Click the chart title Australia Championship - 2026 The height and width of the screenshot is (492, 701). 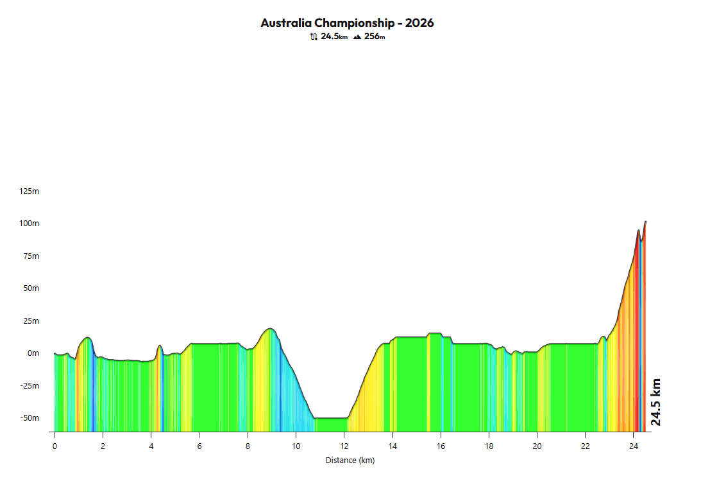click(x=347, y=23)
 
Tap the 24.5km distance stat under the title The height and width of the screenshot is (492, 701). click(x=328, y=37)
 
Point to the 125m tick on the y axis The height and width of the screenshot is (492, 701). click(x=30, y=191)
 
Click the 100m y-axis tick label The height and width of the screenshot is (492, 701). click(x=30, y=224)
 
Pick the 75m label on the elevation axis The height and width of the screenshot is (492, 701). click(x=31, y=256)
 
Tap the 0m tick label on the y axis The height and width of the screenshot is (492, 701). click(x=33, y=353)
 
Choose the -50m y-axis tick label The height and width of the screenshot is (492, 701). click(x=30, y=418)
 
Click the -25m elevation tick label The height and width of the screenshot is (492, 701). click(x=30, y=386)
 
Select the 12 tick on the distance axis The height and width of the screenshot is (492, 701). click(x=344, y=446)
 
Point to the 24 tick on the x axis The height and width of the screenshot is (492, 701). click(x=634, y=446)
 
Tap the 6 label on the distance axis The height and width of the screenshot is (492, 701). click(x=199, y=446)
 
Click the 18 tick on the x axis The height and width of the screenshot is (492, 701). click(x=489, y=446)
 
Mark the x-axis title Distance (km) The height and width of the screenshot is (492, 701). click(x=350, y=461)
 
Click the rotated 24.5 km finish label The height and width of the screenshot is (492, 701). click(x=655, y=402)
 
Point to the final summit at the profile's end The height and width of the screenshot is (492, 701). click(x=645, y=222)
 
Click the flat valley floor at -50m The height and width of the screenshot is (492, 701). click(x=331, y=418)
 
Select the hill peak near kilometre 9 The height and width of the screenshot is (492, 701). click(x=271, y=329)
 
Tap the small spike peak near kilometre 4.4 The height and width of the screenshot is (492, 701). click(x=160, y=346)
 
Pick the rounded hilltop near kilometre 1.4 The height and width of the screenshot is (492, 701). click(x=88, y=338)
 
